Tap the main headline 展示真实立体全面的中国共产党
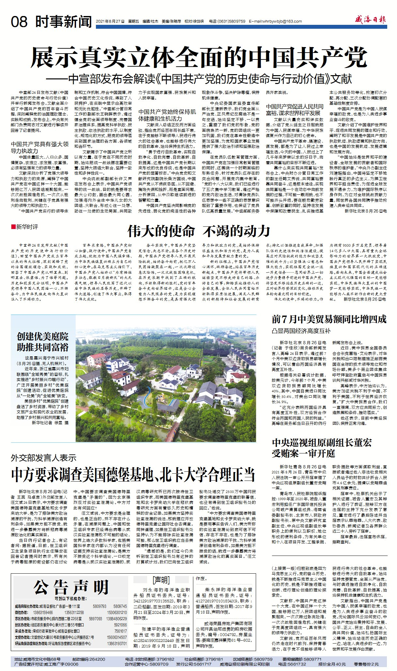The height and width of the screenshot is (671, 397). click(x=199, y=57)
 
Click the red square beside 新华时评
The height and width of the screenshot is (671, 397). click(x=13, y=226)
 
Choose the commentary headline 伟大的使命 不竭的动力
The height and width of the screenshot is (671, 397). click(x=199, y=231)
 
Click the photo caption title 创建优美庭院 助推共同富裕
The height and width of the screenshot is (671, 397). click(x=43, y=342)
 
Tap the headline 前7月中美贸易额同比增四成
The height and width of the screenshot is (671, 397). click(x=329, y=319)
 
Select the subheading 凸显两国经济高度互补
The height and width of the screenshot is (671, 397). click(x=301, y=331)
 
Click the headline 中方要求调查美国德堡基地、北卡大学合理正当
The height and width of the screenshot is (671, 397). click(x=133, y=474)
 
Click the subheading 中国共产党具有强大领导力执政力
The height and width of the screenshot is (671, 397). click(x=40, y=147)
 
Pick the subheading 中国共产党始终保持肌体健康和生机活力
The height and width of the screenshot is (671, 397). click(x=167, y=115)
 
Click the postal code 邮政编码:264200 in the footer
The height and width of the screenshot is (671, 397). click(x=89, y=659)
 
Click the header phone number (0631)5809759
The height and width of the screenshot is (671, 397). click(x=232, y=22)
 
